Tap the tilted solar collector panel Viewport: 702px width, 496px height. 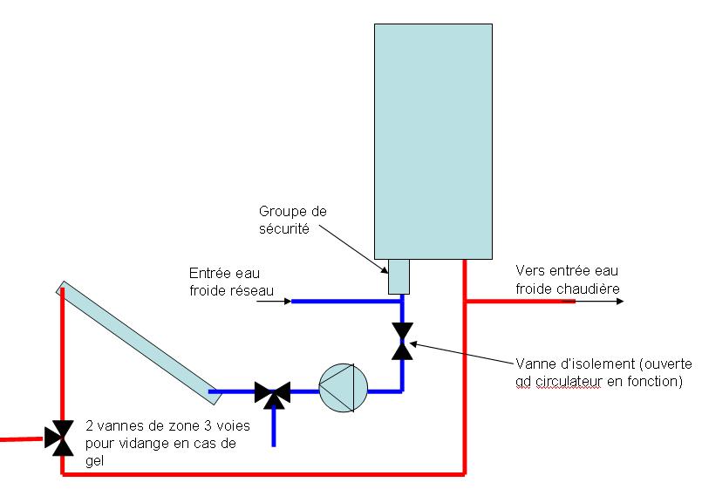(140, 343)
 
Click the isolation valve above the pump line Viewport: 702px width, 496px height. (402, 341)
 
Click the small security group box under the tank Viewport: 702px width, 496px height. (399, 278)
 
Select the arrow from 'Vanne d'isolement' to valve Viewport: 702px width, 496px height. (462, 354)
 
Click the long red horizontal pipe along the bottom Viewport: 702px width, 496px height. (262, 474)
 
